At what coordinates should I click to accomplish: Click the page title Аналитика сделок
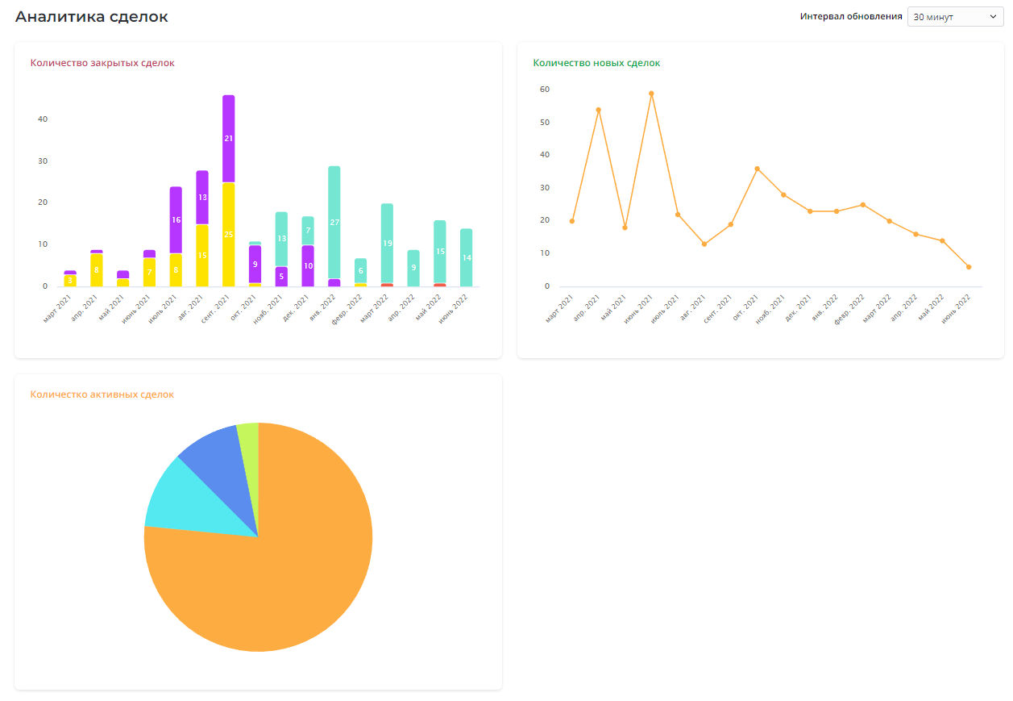[92, 17]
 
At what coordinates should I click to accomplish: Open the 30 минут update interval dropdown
[955, 17]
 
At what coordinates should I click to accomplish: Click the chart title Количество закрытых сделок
[102, 63]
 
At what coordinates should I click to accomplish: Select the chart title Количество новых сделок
[596, 63]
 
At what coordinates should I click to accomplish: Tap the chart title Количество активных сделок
[102, 394]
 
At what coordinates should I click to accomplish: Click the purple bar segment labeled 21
[229, 139]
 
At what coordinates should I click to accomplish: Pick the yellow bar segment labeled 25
[229, 235]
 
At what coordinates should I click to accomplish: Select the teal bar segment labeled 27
[334, 222]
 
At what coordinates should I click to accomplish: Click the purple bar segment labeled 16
[176, 219]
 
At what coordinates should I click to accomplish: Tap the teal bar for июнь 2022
[467, 257]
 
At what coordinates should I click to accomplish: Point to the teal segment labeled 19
[388, 243]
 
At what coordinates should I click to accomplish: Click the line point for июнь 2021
[651, 94]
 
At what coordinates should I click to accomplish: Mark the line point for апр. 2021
[599, 110]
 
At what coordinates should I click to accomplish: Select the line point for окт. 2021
[758, 169]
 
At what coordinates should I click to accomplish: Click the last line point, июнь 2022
[969, 267]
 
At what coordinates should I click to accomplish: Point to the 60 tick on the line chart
[545, 90]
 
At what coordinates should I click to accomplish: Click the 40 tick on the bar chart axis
[43, 119]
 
